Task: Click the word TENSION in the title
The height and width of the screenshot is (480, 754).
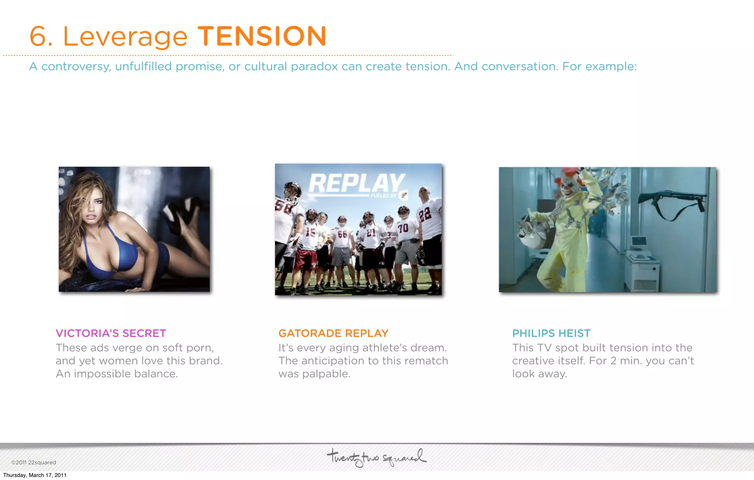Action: [262, 36]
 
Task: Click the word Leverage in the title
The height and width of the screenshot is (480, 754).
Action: [125, 37]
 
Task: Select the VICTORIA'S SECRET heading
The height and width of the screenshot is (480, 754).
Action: [111, 333]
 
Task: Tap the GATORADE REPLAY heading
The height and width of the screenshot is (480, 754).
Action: [333, 333]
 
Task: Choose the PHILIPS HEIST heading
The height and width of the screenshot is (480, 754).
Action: [551, 333]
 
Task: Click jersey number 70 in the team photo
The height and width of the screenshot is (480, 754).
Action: [403, 227]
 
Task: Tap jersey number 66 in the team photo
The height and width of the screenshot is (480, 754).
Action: [342, 234]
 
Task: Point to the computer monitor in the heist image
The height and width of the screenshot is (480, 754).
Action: [639, 242]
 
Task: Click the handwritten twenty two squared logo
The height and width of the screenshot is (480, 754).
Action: [376, 458]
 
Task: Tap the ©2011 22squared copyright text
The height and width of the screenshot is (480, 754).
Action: [34, 462]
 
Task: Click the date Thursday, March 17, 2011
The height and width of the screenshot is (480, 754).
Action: [35, 475]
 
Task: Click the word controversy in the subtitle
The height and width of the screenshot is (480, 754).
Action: [76, 67]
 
